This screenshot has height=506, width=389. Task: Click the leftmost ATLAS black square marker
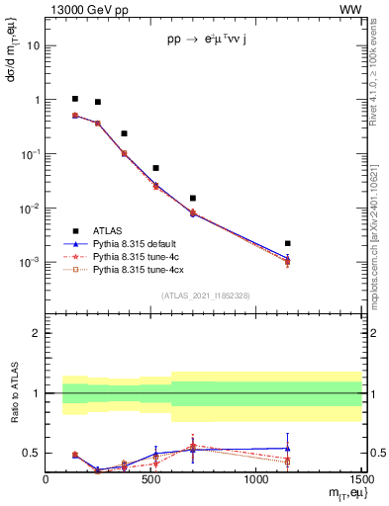point(75,99)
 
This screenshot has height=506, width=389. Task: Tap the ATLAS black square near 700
point(193,199)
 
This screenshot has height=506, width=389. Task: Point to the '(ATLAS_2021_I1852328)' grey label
point(205,295)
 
